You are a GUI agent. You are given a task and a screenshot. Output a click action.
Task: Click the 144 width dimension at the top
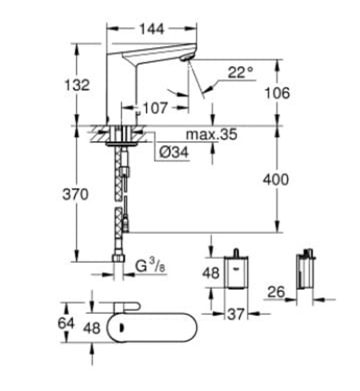(152, 29)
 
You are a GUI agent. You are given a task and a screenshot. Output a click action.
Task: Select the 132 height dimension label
(77, 85)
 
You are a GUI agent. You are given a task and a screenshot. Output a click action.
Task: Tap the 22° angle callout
(241, 72)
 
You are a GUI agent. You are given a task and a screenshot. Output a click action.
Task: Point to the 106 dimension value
(277, 93)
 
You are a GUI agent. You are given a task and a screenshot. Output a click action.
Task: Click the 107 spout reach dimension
(155, 108)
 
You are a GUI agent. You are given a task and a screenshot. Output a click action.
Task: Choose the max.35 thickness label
(212, 135)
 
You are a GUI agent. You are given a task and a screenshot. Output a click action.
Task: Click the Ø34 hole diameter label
(174, 151)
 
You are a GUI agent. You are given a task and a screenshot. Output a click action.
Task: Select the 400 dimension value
(276, 179)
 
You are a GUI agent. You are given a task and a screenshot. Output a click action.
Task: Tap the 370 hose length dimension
(75, 194)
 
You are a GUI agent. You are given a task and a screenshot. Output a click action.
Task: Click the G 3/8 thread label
(151, 266)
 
